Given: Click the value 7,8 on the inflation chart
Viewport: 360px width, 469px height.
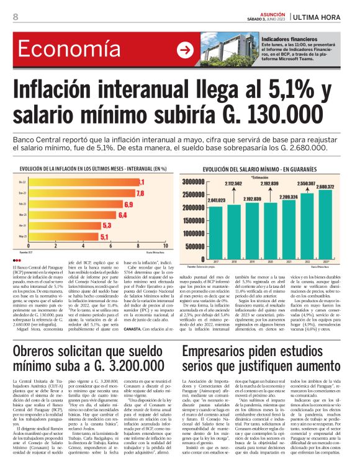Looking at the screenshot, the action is click(140, 193).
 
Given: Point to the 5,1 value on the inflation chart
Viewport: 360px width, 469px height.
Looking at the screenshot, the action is click(105, 236).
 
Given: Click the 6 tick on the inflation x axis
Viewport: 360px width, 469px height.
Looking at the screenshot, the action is click(111, 246).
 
